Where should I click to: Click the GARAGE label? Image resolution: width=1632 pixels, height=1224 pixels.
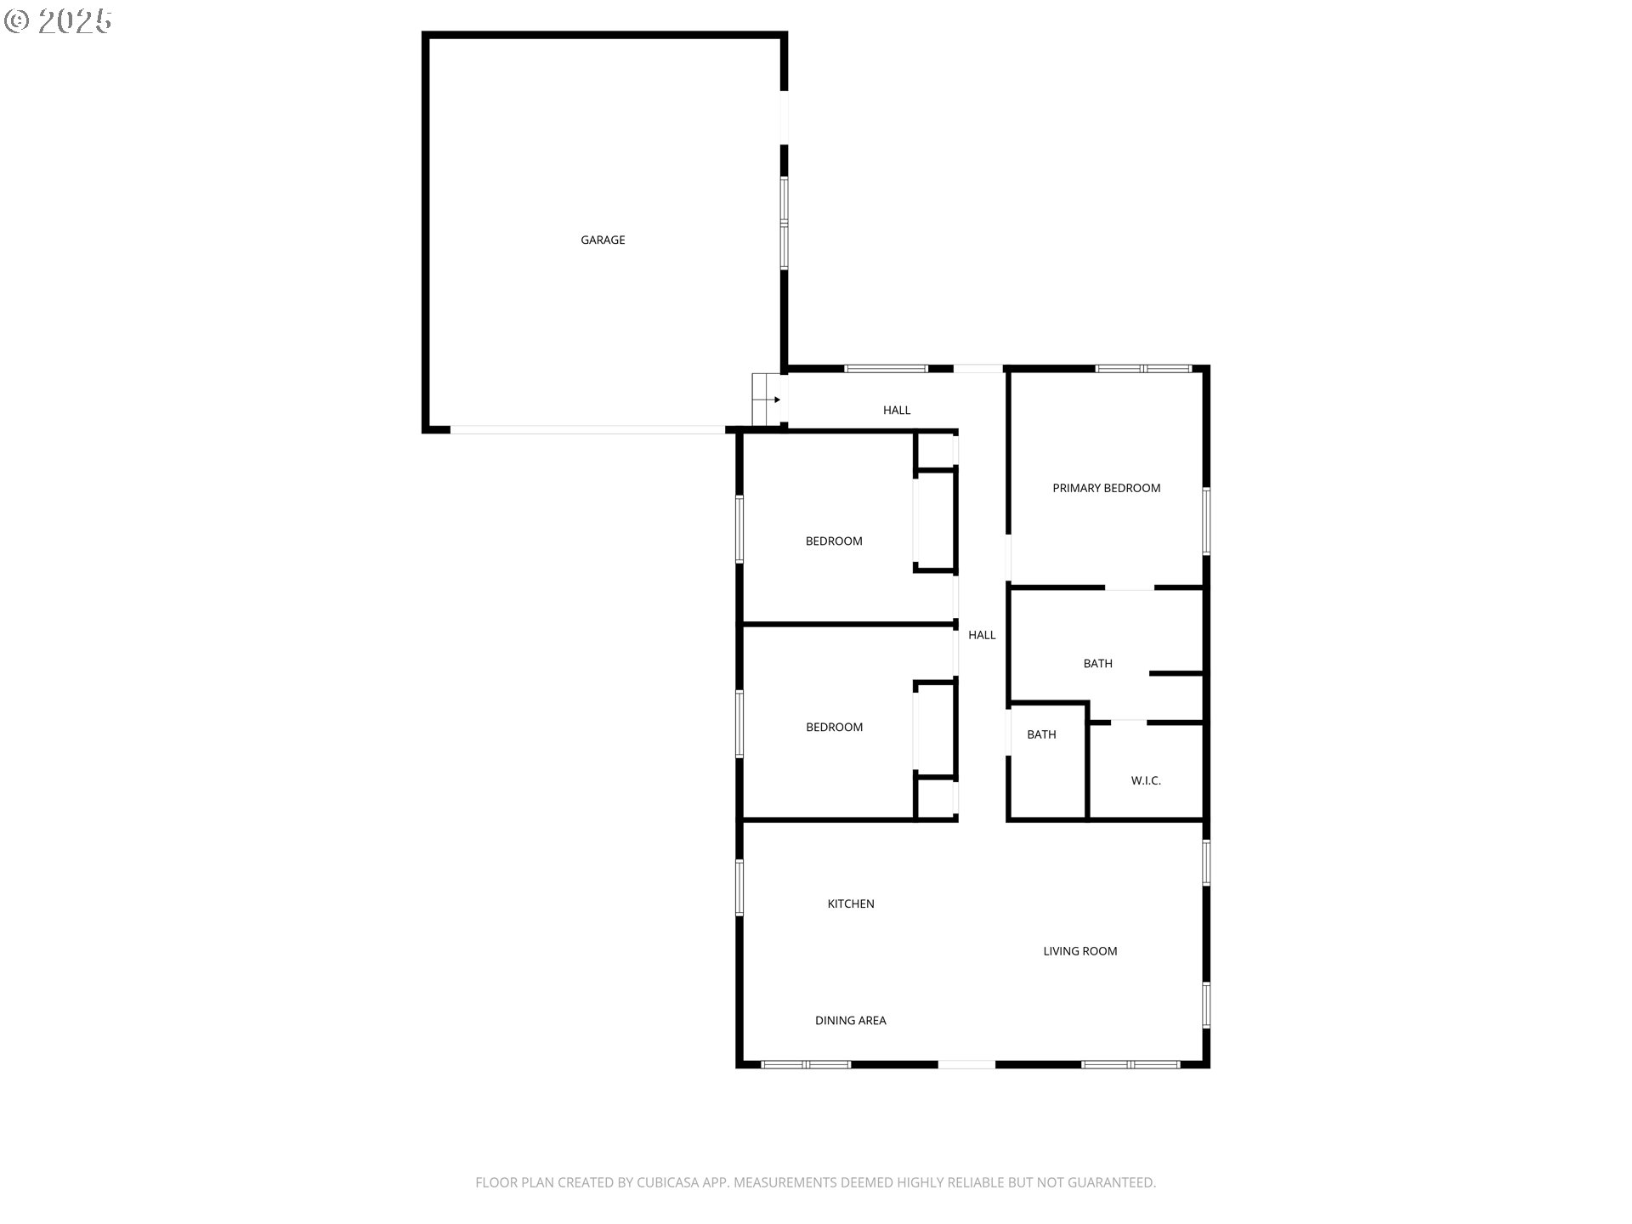pyautogui.click(x=603, y=241)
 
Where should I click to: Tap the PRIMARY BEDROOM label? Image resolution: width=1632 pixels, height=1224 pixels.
pyautogui.click(x=1106, y=488)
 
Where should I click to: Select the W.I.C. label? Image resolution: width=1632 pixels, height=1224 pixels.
pyautogui.click(x=1146, y=780)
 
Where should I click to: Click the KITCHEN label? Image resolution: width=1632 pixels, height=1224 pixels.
pyautogui.click(x=851, y=904)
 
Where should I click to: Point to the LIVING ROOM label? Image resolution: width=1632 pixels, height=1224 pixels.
pyautogui.click(x=1080, y=951)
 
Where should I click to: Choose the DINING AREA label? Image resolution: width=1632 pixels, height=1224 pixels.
pyautogui.click(x=850, y=1021)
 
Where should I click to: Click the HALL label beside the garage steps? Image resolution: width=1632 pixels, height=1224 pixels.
pyautogui.click(x=897, y=410)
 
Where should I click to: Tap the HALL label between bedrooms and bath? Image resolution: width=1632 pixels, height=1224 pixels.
pyautogui.click(x=982, y=635)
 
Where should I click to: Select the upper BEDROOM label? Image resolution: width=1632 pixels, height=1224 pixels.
pyautogui.click(x=834, y=541)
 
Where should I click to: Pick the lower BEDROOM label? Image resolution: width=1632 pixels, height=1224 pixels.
pyautogui.click(x=834, y=728)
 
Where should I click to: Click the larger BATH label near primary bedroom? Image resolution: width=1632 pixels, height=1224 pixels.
pyautogui.click(x=1097, y=664)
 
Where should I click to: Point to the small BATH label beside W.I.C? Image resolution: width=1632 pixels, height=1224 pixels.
pyautogui.click(x=1041, y=734)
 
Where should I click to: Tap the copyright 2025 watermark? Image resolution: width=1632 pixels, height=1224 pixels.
pyautogui.click(x=58, y=21)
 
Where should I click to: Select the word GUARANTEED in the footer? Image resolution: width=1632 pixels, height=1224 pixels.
pyautogui.click(x=1114, y=1182)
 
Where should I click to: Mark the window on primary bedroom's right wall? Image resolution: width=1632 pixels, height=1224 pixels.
pyautogui.click(x=1206, y=521)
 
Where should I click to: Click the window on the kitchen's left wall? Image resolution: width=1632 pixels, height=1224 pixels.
pyautogui.click(x=739, y=888)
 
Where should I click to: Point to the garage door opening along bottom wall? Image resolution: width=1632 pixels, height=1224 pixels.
pyautogui.click(x=587, y=430)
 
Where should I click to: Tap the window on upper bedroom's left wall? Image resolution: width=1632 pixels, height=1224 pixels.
pyautogui.click(x=739, y=530)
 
